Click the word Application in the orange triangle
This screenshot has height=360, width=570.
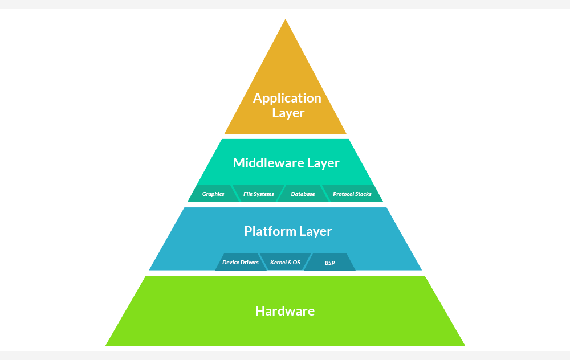(x=287, y=98)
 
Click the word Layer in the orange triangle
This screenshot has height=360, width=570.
(x=288, y=113)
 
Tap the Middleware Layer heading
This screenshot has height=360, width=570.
(x=286, y=163)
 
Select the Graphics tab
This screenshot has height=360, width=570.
(x=213, y=194)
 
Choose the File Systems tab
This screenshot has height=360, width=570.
(x=258, y=194)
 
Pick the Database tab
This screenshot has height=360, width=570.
(x=303, y=194)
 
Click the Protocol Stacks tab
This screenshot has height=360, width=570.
(x=352, y=194)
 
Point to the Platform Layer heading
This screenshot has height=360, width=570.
(x=288, y=231)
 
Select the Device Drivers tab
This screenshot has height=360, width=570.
(x=240, y=263)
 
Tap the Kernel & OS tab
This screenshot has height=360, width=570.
(x=285, y=263)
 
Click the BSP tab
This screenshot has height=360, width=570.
(x=330, y=263)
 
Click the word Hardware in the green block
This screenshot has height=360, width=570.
(x=285, y=311)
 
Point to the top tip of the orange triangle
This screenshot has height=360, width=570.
(x=285, y=21)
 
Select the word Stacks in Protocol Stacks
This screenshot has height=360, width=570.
(x=363, y=194)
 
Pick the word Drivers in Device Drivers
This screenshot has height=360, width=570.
(x=250, y=263)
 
